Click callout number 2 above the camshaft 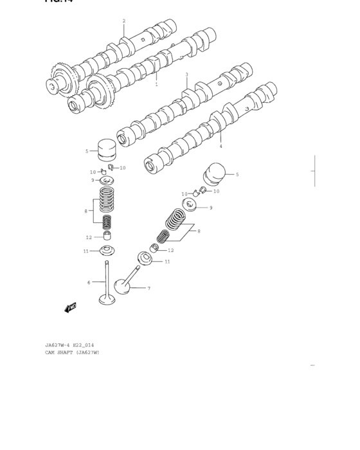(124, 21)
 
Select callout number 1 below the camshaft (156, 84)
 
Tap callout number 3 (187, 75)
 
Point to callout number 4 (221, 146)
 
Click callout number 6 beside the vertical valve (89, 282)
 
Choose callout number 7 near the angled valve (148, 288)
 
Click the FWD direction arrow (71, 308)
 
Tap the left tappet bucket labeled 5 (107, 150)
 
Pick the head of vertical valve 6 (107, 298)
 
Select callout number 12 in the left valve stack (89, 237)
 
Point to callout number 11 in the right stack (167, 261)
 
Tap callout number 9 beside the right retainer (210, 208)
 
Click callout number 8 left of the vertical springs (85, 210)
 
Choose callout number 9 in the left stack (93, 180)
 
